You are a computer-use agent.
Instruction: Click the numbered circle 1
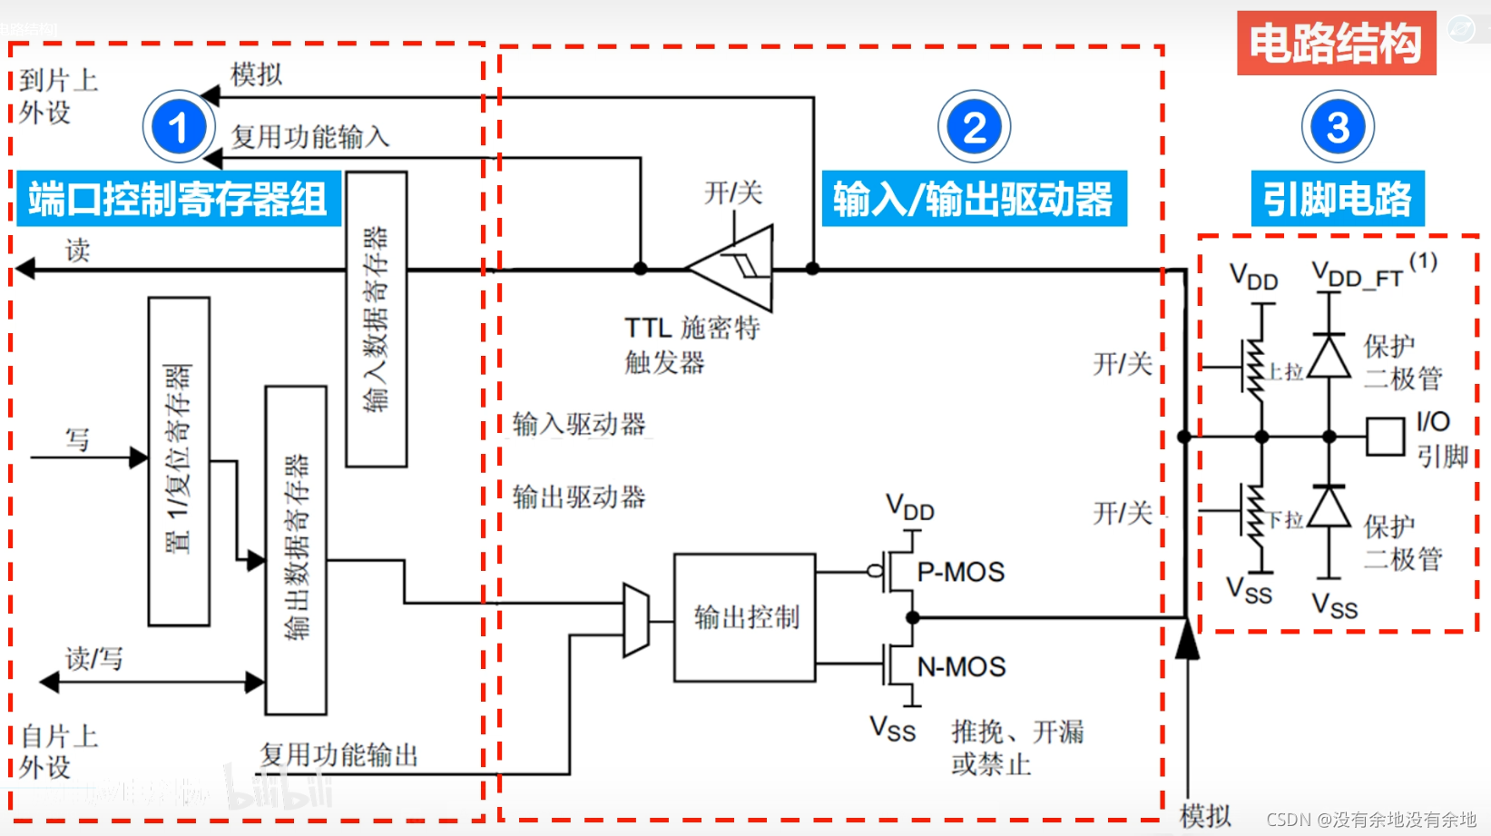pyautogui.click(x=179, y=127)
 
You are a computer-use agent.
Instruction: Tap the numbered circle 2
pyautogui.click(x=974, y=127)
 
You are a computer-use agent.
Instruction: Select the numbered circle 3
pyautogui.click(x=1337, y=127)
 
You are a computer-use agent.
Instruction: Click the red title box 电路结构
pyautogui.click(x=1335, y=44)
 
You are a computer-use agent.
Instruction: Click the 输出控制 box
pyautogui.click(x=745, y=617)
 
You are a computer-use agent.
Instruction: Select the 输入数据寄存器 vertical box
pyautogui.click(x=376, y=320)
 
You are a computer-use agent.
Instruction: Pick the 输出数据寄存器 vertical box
pyautogui.click(x=296, y=550)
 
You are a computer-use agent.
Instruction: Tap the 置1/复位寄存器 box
pyautogui.click(x=179, y=461)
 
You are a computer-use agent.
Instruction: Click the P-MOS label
pyautogui.click(x=960, y=572)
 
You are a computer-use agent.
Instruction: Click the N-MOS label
pyautogui.click(x=961, y=667)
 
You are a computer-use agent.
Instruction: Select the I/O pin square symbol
pyautogui.click(x=1385, y=437)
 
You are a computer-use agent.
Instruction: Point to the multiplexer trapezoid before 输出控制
pyautogui.click(x=636, y=620)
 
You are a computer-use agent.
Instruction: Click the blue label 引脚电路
pyautogui.click(x=1337, y=199)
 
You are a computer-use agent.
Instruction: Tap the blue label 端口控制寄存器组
pyautogui.click(x=178, y=199)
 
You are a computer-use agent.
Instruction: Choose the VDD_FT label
pyautogui.click(x=1358, y=275)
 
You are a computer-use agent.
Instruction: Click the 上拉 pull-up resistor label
pyautogui.click(x=1285, y=371)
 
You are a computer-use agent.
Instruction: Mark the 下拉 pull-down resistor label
pyautogui.click(x=1285, y=519)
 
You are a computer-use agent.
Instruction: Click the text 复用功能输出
pyautogui.click(x=338, y=754)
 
